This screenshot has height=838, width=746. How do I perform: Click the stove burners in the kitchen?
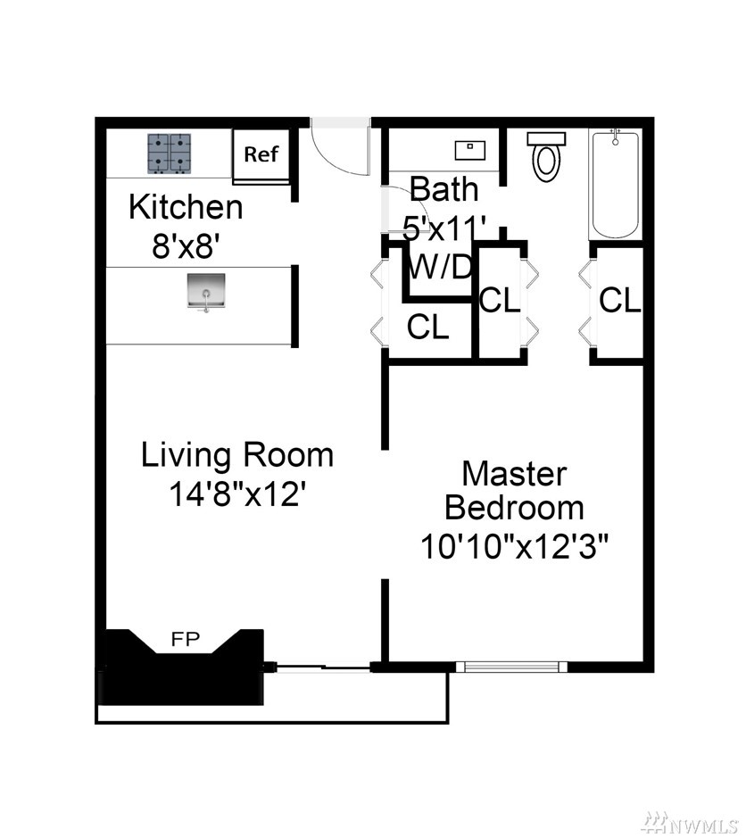pos(170,153)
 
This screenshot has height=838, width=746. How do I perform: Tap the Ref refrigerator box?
pos(261,155)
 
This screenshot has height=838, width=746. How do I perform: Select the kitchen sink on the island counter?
pos(206,292)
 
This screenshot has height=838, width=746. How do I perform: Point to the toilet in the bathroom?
pos(546,156)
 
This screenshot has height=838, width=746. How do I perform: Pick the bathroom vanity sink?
pos(470,150)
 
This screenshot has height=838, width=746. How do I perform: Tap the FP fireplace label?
pos(186,639)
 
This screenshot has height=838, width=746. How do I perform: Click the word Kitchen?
pos(186,207)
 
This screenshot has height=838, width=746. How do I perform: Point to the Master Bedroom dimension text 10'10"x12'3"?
pos(515,547)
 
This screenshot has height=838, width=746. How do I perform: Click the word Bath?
pos(444,189)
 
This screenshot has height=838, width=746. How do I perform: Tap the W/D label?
pos(440,267)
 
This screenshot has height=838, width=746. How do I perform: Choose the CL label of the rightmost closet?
pos(620,300)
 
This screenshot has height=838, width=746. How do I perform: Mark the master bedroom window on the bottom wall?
pos(511,667)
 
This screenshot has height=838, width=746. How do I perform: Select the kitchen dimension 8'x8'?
pos(186,247)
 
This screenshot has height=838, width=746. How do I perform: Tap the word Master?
pos(514,474)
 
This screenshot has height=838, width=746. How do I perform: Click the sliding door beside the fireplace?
pos(323,667)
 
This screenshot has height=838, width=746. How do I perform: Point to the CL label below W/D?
pos(428,327)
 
